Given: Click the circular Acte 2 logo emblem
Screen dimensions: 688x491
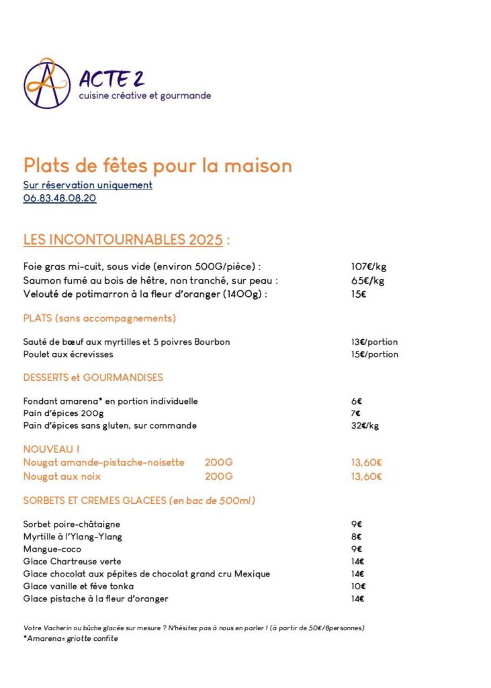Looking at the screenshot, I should (x=47, y=83).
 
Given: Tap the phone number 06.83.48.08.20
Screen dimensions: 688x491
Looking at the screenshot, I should (x=60, y=198).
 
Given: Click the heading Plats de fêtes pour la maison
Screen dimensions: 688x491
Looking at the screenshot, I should (x=158, y=165).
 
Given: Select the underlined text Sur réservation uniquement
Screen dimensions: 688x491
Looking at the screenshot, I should (x=88, y=185).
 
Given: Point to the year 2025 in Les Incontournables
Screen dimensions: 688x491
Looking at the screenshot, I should (x=205, y=240).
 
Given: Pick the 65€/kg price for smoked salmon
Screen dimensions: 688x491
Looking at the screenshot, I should (x=367, y=280).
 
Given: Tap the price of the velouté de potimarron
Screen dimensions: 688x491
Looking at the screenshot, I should (x=359, y=294).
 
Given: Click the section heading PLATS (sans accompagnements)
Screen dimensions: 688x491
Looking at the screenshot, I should (x=99, y=318).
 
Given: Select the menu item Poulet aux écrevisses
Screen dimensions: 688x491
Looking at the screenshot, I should (x=69, y=354).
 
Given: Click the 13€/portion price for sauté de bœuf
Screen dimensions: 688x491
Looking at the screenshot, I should (x=374, y=342).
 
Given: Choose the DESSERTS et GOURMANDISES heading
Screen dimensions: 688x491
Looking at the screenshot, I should (x=93, y=378).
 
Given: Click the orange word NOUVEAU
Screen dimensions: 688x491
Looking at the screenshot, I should (x=49, y=449).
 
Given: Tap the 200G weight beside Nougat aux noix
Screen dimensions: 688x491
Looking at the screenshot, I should (x=218, y=476).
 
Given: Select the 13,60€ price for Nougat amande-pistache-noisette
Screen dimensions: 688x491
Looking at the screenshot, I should (x=367, y=462).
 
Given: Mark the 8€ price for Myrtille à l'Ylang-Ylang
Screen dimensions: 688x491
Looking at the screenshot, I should (x=356, y=537).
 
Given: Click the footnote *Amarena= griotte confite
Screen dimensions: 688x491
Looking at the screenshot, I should (x=71, y=638).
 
